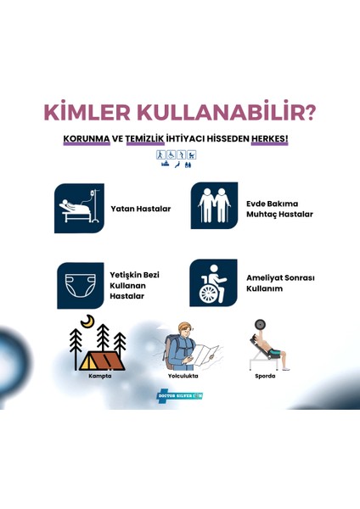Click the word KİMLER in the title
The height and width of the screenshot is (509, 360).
tap(82, 113)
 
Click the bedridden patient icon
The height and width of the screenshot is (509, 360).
tap(79, 208)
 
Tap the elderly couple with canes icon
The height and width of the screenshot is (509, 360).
tap(214, 207)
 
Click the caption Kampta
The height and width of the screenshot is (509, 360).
tap(100, 375)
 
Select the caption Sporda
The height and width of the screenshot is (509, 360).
tap(265, 375)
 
